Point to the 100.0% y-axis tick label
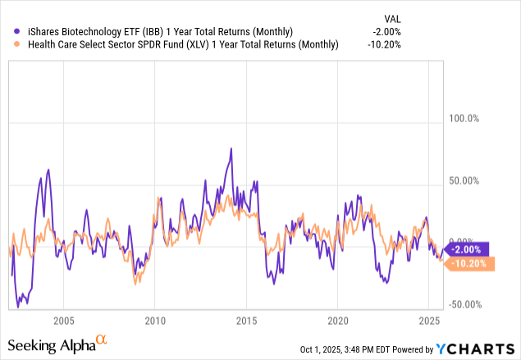pos(462,118)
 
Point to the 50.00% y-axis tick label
pos(462,181)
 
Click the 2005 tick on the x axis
pos(63,320)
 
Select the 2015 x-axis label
pos(247,320)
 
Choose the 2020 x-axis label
pos(338,320)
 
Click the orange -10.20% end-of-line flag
pos(468,263)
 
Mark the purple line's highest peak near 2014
pos(231,148)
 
